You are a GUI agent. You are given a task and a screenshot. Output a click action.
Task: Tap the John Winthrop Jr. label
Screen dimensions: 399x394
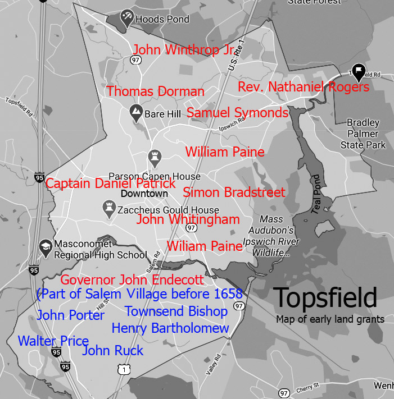coord(183,50)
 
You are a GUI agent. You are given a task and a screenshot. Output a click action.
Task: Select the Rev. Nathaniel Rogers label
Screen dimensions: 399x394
coord(304,87)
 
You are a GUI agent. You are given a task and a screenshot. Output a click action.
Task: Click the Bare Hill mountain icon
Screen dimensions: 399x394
coord(135,111)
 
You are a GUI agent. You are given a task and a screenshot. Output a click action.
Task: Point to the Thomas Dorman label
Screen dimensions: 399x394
coord(156,91)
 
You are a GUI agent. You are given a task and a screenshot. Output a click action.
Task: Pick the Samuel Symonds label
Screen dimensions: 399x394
coord(237,113)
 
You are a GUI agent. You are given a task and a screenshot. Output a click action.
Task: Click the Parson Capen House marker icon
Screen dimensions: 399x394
coord(154,155)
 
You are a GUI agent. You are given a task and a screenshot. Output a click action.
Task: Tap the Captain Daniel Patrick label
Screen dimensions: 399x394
coord(111,184)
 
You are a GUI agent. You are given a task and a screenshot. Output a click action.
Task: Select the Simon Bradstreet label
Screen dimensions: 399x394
coord(234,192)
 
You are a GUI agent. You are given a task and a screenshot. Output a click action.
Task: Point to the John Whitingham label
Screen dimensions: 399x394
coord(188,219)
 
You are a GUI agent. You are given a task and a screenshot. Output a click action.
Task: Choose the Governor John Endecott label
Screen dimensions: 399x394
coord(132,279)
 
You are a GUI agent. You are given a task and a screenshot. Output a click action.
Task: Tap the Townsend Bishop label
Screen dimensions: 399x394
coord(176,311)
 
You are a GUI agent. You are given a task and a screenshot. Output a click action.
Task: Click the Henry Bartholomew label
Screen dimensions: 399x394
coord(170,328)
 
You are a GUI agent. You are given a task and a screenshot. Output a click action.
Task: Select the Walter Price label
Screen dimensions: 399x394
coord(53,341)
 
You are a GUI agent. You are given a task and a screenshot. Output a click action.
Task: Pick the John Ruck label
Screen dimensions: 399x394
coord(112,351)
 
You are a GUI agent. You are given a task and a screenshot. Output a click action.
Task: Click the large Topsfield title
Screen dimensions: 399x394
coord(325,298)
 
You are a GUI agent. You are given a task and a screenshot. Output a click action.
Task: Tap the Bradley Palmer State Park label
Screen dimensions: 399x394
coord(363,134)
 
